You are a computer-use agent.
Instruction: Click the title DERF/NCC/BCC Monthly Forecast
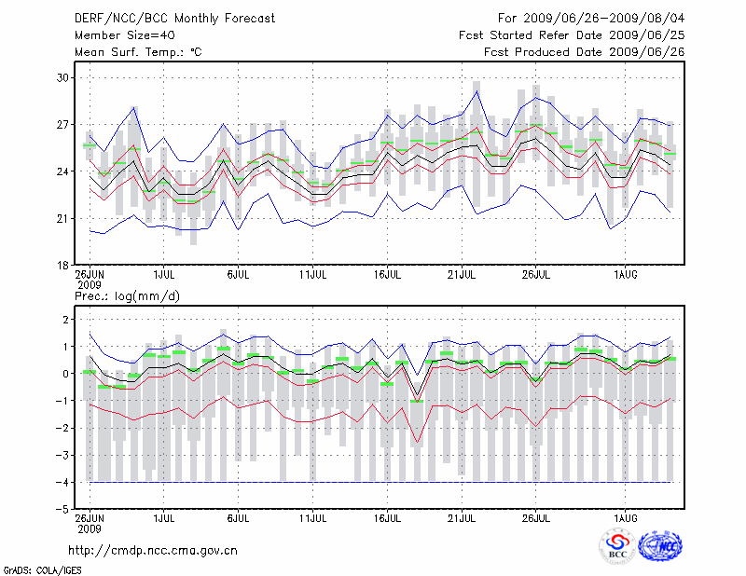click(174, 18)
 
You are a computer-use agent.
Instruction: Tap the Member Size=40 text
click(120, 35)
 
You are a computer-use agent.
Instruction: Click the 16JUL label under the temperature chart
click(387, 275)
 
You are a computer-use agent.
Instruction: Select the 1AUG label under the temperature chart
click(626, 275)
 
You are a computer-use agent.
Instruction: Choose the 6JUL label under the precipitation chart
click(238, 515)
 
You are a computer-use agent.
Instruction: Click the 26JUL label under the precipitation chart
click(535, 515)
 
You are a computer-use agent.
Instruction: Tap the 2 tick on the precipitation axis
click(66, 320)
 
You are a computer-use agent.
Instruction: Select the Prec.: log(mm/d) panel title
click(126, 295)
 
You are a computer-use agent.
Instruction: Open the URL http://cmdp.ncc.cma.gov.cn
click(153, 550)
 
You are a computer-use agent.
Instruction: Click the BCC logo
click(617, 547)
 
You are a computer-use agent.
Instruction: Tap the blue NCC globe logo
click(659, 547)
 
